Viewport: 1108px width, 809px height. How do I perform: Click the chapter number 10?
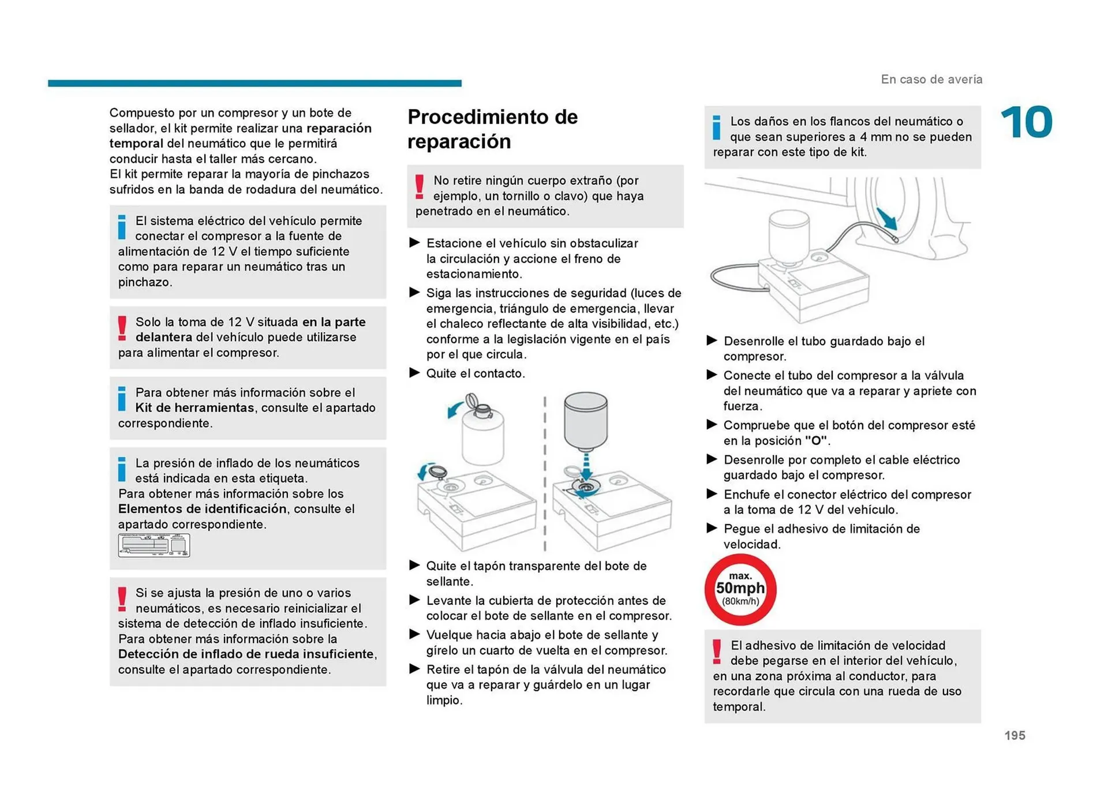pos(1026,122)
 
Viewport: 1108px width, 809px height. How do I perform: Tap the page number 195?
pos(1014,735)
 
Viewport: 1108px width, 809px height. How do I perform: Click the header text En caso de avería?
pos(931,80)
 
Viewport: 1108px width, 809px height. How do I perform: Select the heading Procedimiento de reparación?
pos(492,129)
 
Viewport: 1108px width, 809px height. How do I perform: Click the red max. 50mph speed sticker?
pos(740,589)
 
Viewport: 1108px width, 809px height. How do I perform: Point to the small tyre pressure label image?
pos(154,545)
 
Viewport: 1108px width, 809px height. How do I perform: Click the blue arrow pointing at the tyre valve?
pos(886,219)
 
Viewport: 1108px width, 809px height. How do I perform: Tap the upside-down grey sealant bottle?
pos(585,421)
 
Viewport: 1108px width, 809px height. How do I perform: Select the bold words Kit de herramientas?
pos(194,408)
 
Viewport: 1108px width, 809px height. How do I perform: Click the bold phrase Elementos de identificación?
pos(202,509)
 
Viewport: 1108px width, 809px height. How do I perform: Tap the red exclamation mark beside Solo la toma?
pos(122,328)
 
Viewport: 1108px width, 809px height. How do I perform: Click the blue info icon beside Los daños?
pos(716,128)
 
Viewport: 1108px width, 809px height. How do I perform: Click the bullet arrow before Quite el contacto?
pos(414,373)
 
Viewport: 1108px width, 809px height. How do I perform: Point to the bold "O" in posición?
pos(817,441)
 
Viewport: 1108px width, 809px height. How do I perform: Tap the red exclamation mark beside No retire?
pos(420,187)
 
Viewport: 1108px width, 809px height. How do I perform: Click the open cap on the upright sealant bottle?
pos(471,400)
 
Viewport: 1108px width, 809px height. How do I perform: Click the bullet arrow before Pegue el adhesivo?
pos(712,528)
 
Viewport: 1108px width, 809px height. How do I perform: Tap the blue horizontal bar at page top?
pos(254,83)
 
